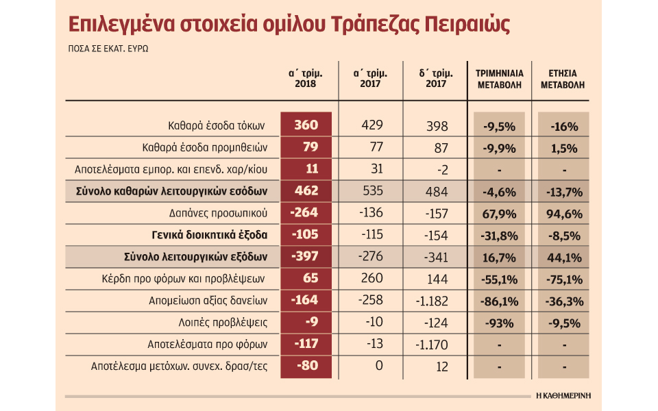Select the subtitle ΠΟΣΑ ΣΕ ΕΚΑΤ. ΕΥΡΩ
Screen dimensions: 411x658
[x=108, y=51]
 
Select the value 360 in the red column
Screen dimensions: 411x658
[x=306, y=126]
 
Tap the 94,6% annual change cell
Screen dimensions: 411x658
[x=563, y=213]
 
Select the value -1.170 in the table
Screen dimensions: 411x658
[x=431, y=344]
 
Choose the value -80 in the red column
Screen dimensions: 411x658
[x=306, y=366]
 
